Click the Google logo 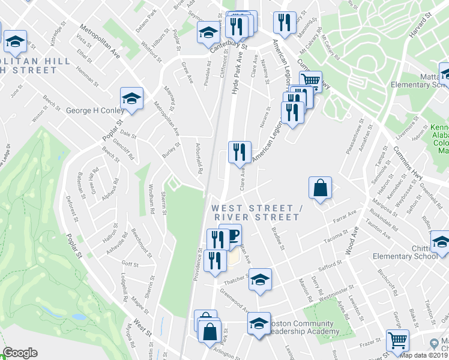coord(20,353)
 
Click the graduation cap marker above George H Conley coord(131,98)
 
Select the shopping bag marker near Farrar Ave coord(321,187)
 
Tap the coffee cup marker coord(231,235)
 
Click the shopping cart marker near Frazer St coord(397,340)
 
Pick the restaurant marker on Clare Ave coord(240,152)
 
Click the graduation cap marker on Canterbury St coord(208,32)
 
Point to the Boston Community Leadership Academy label coord(303,326)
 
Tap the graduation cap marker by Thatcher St coord(259,279)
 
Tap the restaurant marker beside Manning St coord(284,23)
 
